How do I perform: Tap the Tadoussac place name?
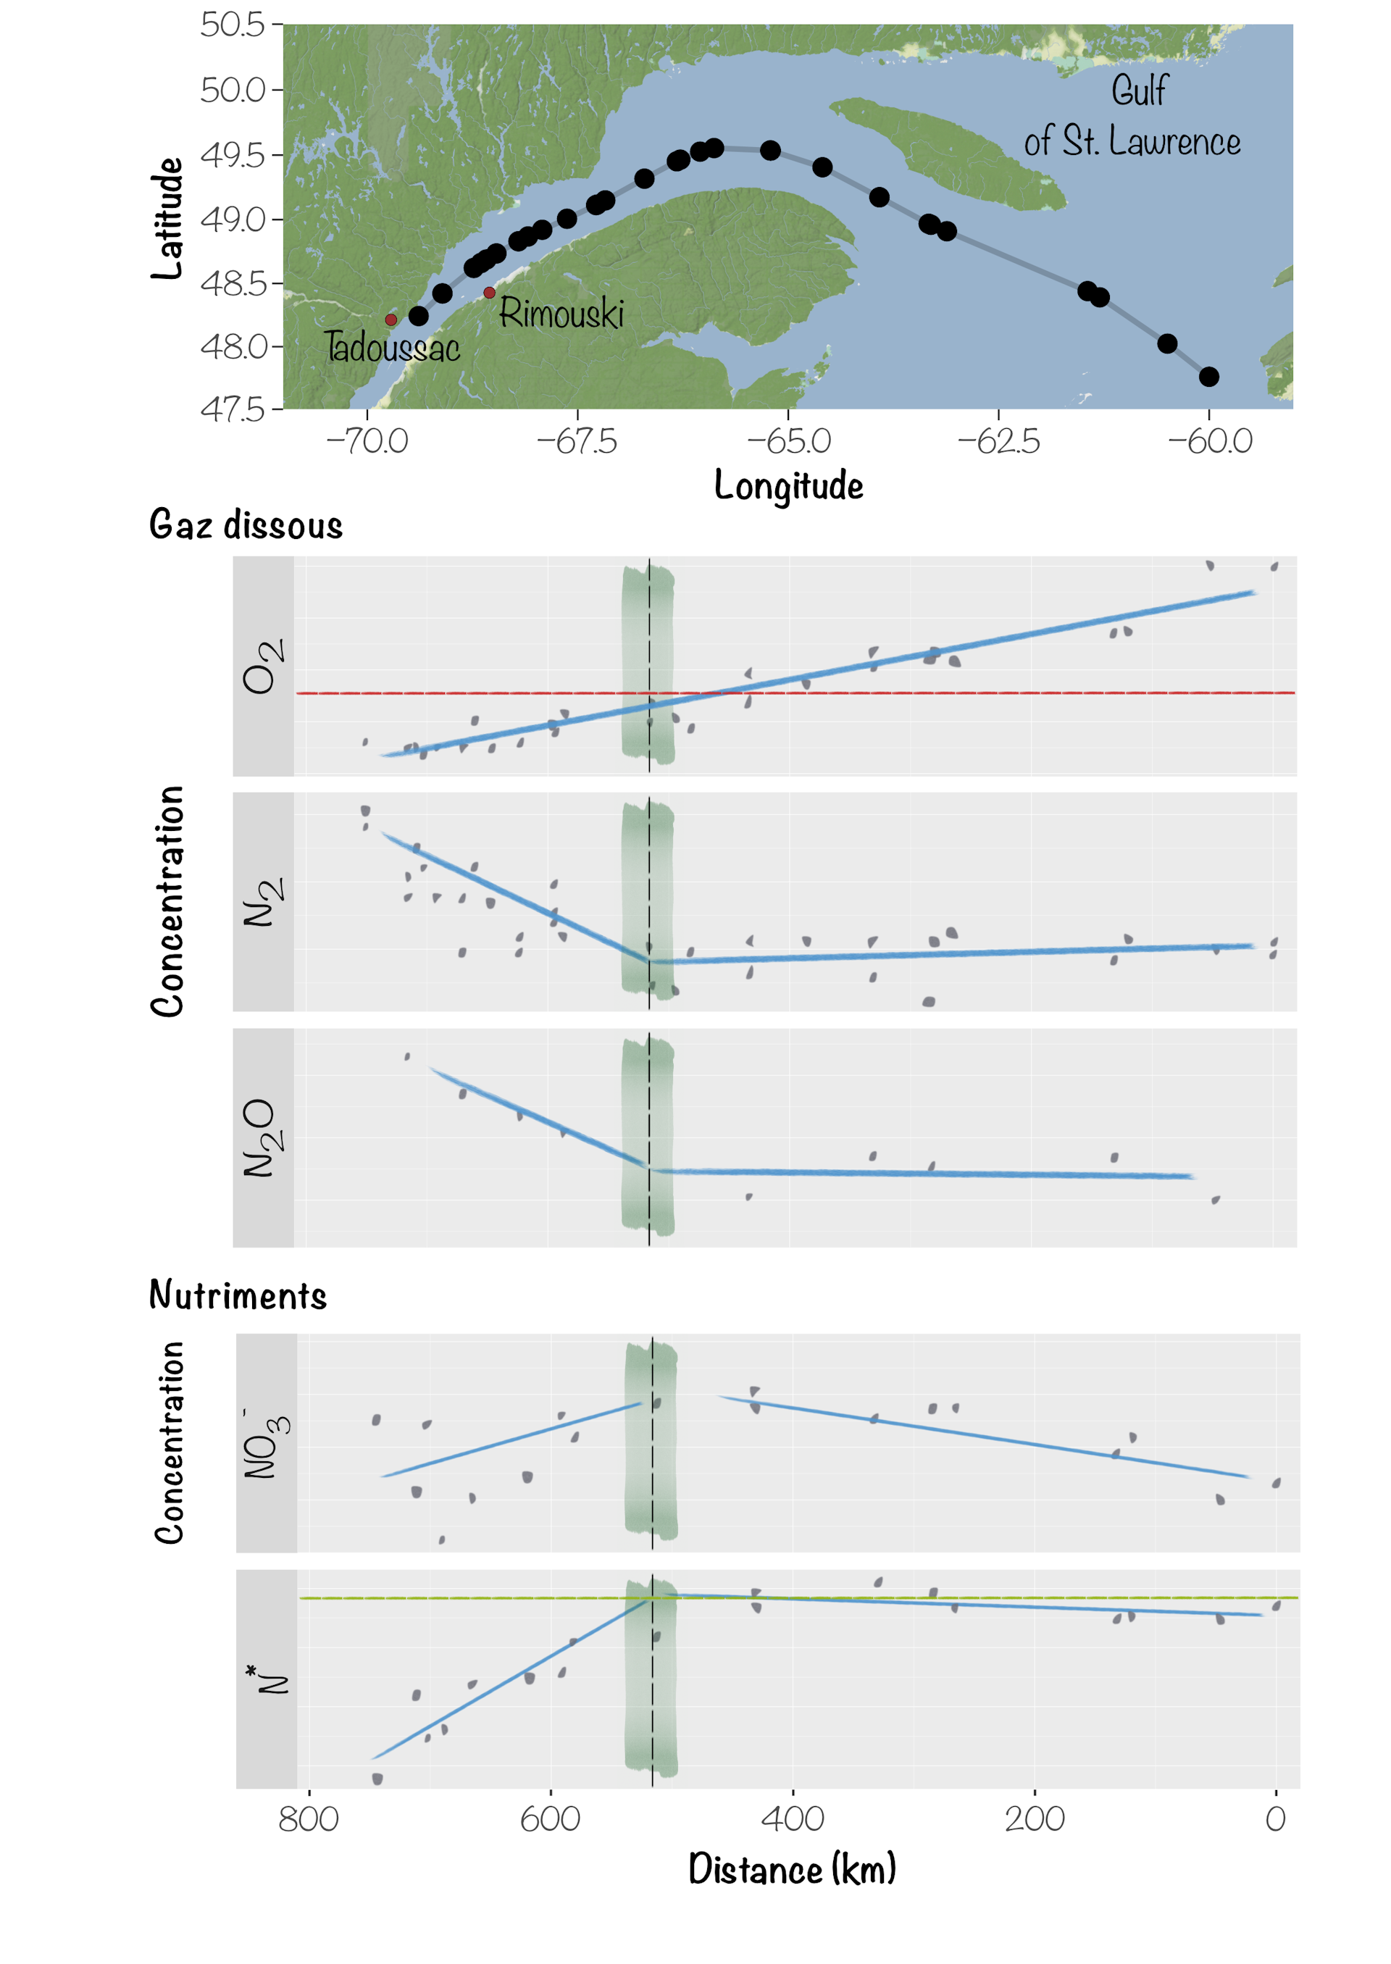tap(392, 348)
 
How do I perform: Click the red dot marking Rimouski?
tap(489, 293)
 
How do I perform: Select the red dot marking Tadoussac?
tap(390, 319)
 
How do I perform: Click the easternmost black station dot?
tap(1208, 377)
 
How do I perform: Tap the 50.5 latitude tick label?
tap(233, 25)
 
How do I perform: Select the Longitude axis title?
tap(788, 485)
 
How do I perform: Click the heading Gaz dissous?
tap(246, 525)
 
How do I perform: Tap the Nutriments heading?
tap(238, 1295)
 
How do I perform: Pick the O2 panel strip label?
tap(263, 666)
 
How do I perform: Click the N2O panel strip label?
tap(263, 1137)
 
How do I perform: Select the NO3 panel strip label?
tap(267, 1443)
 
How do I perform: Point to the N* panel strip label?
tap(267, 1679)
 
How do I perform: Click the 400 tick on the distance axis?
tap(793, 1818)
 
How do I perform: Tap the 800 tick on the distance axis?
tap(309, 1818)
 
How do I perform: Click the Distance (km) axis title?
tap(793, 1869)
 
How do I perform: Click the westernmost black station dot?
tap(418, 316)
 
